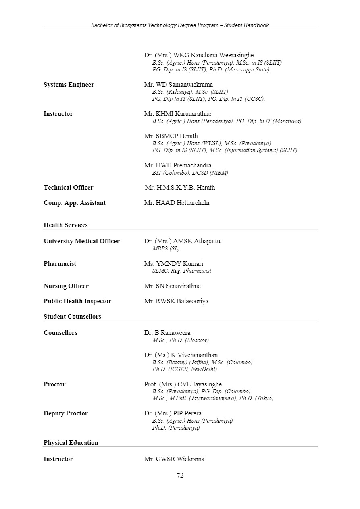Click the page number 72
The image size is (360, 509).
pyautogui.click(x=180, y=475)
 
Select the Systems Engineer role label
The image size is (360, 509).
pyautogui.click(x=69, y=85)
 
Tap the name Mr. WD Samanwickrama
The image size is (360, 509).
pyautogui.click(x=178, y=85)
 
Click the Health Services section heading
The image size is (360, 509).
pyautogui.click(x=65, y=225)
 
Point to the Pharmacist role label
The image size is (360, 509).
pyautogui.click(x=60, y=264)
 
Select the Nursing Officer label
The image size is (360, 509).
pyautogui.click(x=66, y=286)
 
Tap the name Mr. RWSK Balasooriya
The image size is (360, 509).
pyautogui.click(x=176, y=301)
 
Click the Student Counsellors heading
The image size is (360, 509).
pyautogui.click(x=72, y=317)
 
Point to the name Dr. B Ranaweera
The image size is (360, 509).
pyautogui.click(x=167, y=333)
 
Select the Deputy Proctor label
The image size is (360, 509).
pyautogui.click(x=66, y=413)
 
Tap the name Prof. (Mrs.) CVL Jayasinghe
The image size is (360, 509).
pyautogui.click(x=183, y=384)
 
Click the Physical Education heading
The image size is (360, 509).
pyautogui.click(x=71, y=443)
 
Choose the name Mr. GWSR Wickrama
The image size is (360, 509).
pyautogui.click(x=174, y=459)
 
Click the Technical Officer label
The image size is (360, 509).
pyautogui.click(x=68, y=188)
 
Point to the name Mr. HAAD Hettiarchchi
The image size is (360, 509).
pyautogui.click(x=177, y=203)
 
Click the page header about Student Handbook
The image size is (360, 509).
pyautogui.click(x=180, y=25)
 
